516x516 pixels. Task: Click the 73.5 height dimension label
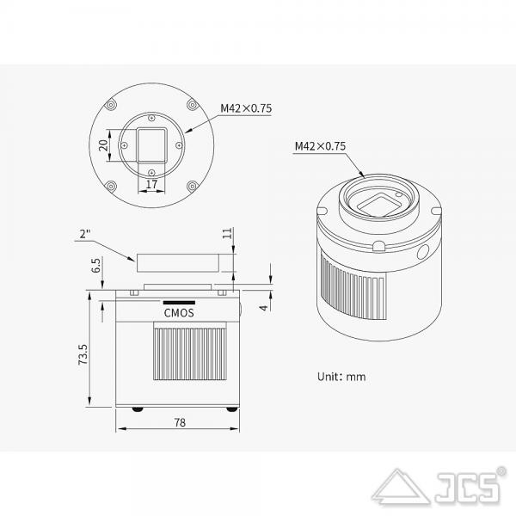[x=83, y=354]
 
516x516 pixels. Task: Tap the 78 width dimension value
[x=180, y=422]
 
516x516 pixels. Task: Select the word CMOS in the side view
[x=179, y=313]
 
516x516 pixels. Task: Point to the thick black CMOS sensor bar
[x=179, y=303]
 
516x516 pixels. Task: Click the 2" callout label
[x=85, y=234]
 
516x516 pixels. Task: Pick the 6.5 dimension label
[x=96, y=265]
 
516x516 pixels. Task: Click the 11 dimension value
[x=227, y=233]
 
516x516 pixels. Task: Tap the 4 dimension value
[x=264, y=308]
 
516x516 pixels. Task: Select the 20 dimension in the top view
[x=103, y=145]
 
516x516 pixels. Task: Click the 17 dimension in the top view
[x=151, y=184]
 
